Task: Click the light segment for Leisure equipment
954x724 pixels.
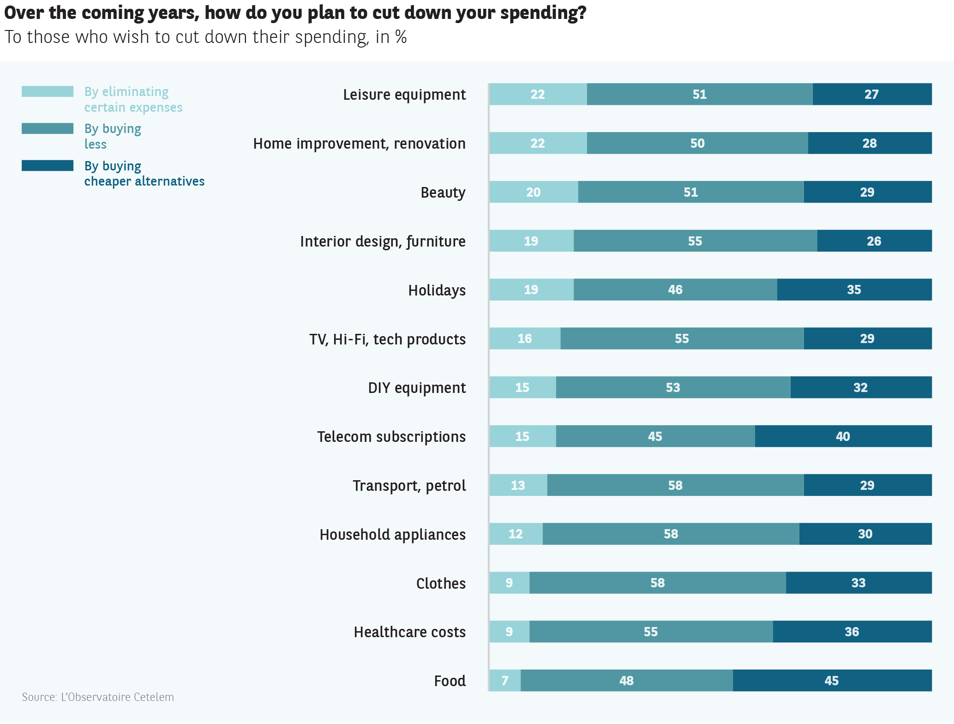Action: coord(538,94)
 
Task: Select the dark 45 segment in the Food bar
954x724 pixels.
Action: coord(832,681)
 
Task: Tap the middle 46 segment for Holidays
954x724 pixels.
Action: coord(675,290)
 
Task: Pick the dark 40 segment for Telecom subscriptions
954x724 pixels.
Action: coord(843,436)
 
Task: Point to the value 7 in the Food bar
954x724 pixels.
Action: coord(505,681)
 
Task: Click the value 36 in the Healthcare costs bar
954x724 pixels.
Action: coord(852,632)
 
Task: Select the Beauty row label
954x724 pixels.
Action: coord(443,193)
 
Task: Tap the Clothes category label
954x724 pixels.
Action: coord(441,583)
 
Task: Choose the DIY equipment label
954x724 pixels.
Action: coord(417,388)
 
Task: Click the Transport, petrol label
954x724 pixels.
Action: coord(409,486)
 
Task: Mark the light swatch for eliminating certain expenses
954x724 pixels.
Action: coord(48,91)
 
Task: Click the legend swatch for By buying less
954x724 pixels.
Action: coord(48,128)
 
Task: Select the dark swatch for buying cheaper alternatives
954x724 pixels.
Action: coord(48,166)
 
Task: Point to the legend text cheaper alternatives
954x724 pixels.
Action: coord(144,181)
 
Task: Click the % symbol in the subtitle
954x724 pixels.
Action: coord(401,37)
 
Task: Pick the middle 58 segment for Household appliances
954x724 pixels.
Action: coord(671,534)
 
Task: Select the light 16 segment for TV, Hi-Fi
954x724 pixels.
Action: coord(525,339)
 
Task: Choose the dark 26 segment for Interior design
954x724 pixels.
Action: coord(874,241)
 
